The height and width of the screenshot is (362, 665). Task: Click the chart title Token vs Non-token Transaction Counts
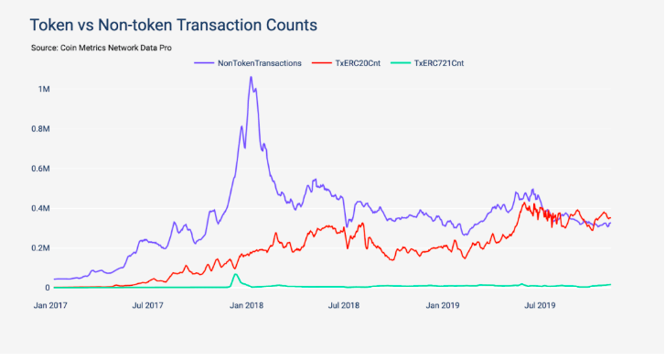click(174, 25)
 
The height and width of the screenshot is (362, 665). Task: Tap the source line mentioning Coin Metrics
click(102, 48)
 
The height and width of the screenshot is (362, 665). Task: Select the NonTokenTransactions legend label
click(260, 63)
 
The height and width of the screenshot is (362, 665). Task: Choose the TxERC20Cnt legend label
click(358, 63)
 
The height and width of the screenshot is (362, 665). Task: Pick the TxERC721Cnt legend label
click(439, 63)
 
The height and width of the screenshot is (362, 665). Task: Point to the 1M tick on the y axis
click(44, 89)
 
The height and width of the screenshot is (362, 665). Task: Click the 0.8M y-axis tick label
click(41, 128)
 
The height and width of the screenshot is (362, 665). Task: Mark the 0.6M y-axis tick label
click(41, 169)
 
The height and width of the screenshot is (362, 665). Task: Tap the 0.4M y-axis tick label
click(41, 208)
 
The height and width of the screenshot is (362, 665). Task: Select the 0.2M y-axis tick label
click(41, 248)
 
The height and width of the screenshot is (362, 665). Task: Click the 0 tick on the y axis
click(48, 288)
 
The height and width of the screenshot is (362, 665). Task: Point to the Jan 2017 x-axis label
click(50, 305)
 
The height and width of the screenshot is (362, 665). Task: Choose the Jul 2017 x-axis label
click(147, 305)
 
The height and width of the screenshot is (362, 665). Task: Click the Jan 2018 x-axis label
click(246, 305)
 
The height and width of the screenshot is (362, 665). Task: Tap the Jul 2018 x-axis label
click(344, 305)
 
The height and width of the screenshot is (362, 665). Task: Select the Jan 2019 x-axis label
click(443, 305)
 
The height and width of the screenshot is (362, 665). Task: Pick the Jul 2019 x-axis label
click(540, 305)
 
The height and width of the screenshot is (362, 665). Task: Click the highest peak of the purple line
click(251, 77)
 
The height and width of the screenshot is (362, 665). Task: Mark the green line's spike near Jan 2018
click(235, 274)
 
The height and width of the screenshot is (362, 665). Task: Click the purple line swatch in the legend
click(204, 63)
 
